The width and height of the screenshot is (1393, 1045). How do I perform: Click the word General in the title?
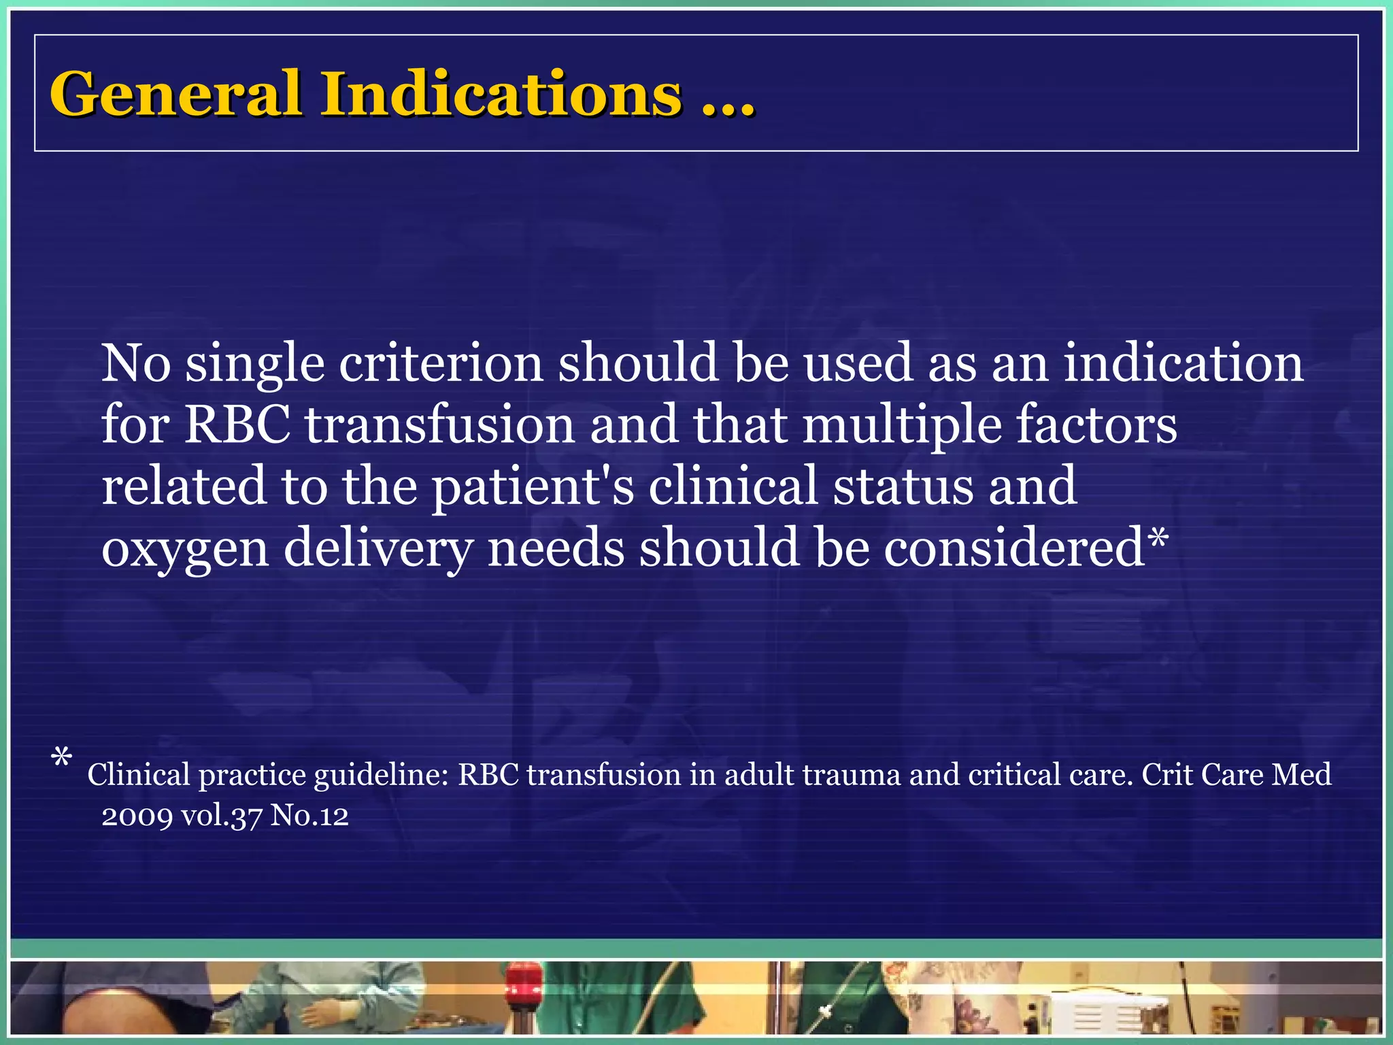[175, 94]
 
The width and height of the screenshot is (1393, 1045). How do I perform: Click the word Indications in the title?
[501, 94]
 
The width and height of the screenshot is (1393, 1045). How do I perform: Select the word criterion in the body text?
[441, 363]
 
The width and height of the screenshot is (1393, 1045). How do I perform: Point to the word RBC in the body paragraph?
[237, 425]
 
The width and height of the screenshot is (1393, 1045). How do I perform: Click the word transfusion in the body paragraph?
[439, 425]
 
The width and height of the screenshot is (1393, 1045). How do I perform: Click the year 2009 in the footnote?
[137, 816]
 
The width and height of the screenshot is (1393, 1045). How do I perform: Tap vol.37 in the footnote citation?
[221, 816]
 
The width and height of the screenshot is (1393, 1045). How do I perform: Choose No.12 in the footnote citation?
[309, 815]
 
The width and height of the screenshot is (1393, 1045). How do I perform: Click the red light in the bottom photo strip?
[522, 980]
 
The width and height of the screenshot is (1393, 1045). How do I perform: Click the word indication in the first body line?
[1184, 363]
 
